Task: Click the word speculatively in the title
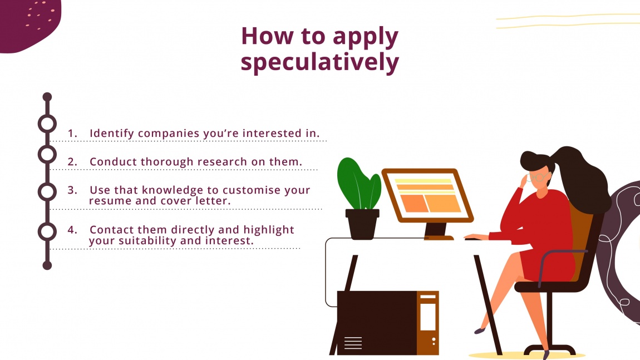[x=319, y=63]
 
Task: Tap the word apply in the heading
[x=366, y=37]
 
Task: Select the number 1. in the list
[x=73, y=134]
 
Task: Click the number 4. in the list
[x=73, y=230]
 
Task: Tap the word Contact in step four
[x=111, y=230]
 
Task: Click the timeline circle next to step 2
[x=47, y=154]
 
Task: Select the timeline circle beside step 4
[x=47, y=231]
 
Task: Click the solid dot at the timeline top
[x=47, y=97]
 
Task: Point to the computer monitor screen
[x=427, y=195]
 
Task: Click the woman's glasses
[x=538, y=179]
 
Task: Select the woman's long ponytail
[x=584, y=178]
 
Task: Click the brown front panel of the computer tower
[x=427, y=323]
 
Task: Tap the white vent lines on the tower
[x=353, y=343]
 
